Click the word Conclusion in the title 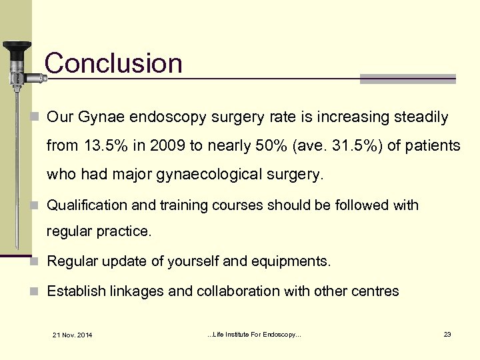(113, 64)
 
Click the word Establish (75, 291)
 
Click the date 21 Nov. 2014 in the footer (73, 334)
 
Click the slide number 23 (447, 333)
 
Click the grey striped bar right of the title (407, 79)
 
